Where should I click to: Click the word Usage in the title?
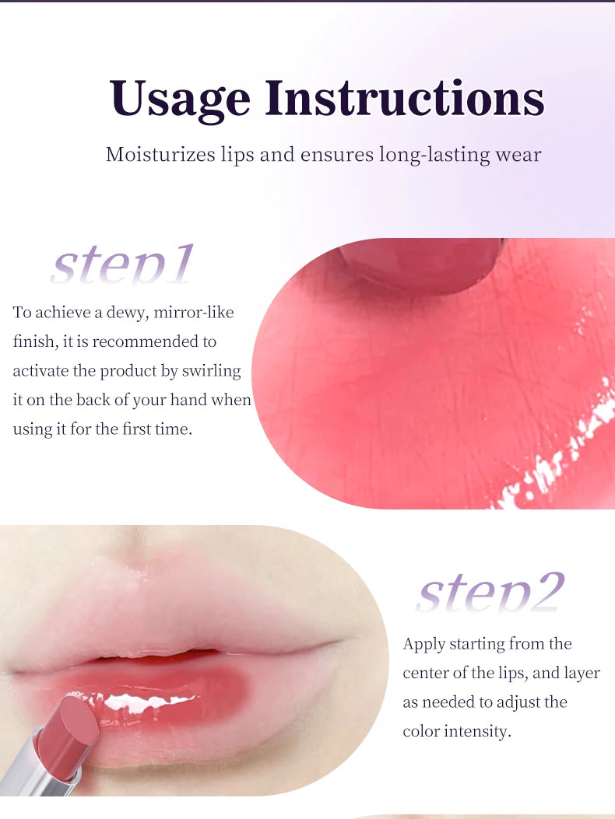click(x=180, y=99)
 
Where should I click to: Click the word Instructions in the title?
click(x=404, y=99)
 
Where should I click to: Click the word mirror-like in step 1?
click(x=194, y=312)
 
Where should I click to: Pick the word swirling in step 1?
click(x=212, y=371)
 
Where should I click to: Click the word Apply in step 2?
click(x=423, y=644)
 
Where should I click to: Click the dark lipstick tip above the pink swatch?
click(x=421, y=265)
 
